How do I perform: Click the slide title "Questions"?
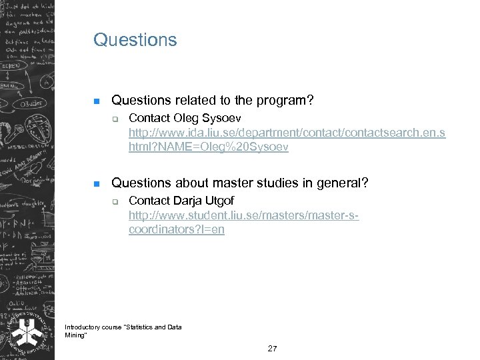[x=135, y=40]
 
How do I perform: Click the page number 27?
[x=272, y=349]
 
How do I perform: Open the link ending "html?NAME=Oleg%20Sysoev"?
[x=209, y=147]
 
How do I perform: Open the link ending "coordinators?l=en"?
[x=177, y=229]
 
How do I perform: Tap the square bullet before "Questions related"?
[x=96, y=101]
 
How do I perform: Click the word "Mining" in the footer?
[x=73, y=335]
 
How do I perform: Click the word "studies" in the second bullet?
[x=285, y=183]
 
